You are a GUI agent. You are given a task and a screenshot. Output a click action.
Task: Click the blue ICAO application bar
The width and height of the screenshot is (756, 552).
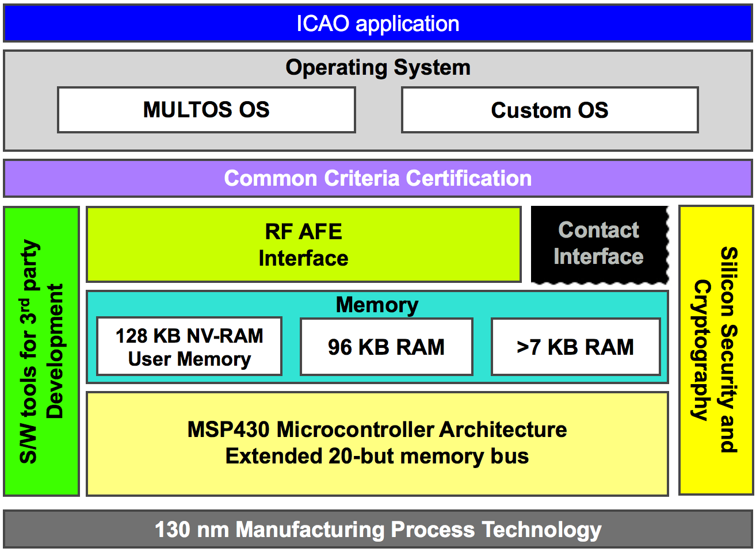tap(377, 24)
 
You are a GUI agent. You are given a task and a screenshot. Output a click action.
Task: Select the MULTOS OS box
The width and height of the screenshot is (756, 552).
tap(206, 109)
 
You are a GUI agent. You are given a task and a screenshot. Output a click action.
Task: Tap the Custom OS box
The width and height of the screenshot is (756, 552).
tap(549, 110)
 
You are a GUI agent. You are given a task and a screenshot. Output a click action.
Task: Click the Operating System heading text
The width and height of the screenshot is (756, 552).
tap(377, 67)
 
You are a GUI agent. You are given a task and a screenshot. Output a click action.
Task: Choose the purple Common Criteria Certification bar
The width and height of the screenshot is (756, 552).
tap(377, 178)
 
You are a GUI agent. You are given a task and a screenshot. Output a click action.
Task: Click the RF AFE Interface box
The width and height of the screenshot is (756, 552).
tap(303, 244)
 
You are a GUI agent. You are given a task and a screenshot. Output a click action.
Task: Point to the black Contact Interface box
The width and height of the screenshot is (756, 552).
tap(598, 244)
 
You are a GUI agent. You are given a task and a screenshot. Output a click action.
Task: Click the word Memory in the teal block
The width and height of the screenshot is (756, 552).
tap(377, 305)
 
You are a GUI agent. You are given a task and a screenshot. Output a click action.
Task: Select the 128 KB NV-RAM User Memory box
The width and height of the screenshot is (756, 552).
tap(189, 347)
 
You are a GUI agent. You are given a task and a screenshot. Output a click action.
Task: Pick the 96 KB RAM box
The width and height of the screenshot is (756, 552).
tap(386, 347)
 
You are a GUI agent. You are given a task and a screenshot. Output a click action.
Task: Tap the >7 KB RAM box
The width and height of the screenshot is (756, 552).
tap(575, 347)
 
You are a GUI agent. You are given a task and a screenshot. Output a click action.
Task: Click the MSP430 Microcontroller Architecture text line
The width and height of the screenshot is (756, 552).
tap(377, 430)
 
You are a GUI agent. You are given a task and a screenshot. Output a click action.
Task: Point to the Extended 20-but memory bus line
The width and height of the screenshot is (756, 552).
tap(377, 456)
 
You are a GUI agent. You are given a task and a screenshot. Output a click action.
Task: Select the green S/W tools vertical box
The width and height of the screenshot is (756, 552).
tap(41, 351)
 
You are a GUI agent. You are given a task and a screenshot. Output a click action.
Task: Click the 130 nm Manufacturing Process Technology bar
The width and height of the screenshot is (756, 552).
tap(377, 529)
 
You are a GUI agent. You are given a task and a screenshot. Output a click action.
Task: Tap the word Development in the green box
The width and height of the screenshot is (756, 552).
tap(55, 351)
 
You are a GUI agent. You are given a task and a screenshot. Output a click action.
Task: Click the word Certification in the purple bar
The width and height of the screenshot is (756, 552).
tap(468, 178)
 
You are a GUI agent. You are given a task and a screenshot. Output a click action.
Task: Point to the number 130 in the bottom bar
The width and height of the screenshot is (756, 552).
tap(172, 529)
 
